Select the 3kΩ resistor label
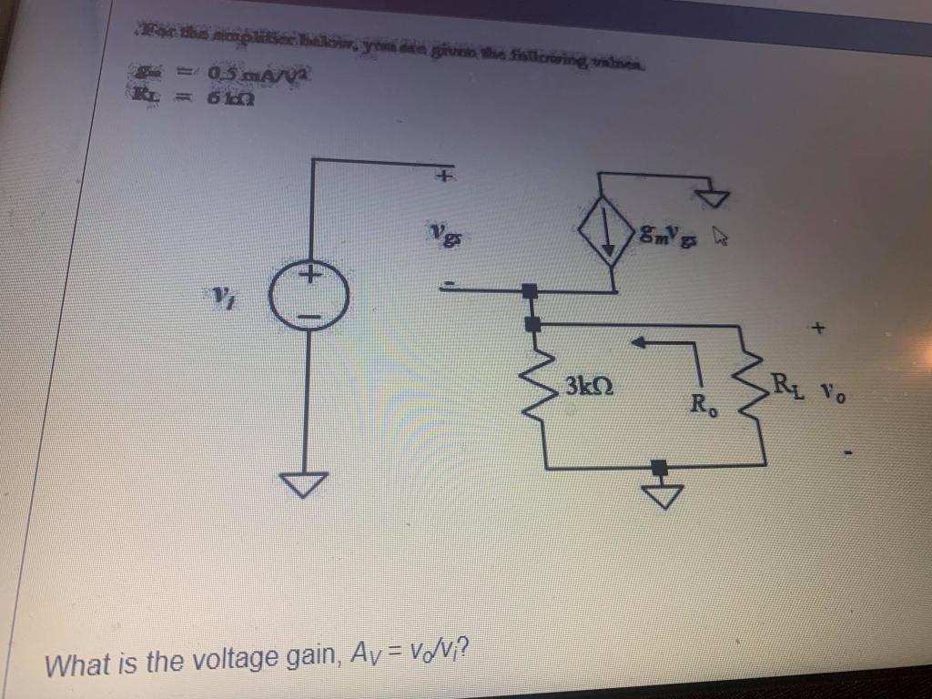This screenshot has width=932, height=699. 588,385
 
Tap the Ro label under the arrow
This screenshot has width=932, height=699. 704,403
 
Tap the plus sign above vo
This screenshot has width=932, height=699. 818,326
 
